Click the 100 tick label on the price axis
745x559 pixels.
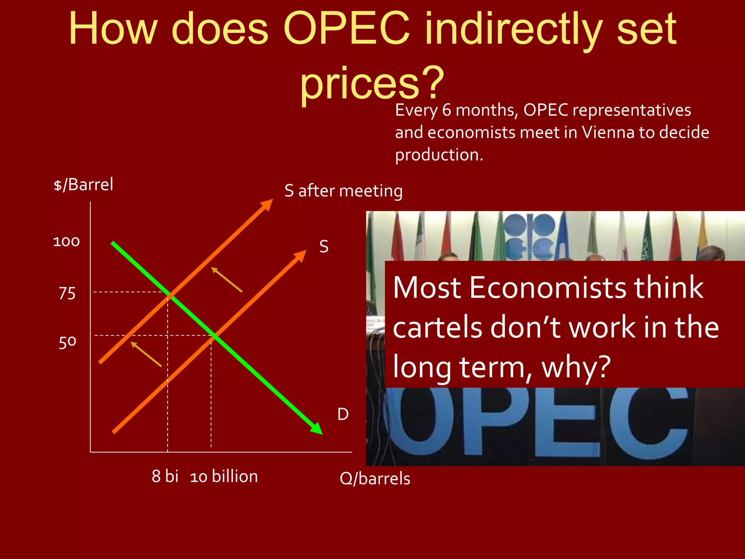66,242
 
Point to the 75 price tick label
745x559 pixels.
67,293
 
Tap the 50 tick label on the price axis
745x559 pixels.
68,342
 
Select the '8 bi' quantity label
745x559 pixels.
165,476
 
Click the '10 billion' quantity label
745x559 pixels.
224,476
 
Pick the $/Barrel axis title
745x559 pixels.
83,185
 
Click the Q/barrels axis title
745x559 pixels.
375,479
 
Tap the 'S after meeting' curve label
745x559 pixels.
343,191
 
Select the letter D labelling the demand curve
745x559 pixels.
343,414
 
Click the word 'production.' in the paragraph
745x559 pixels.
439,155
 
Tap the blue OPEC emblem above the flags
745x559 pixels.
530,237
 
